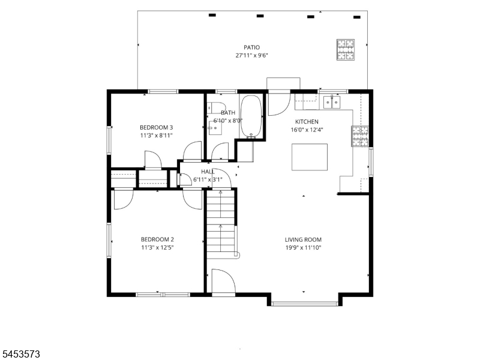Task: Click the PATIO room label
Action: coord(251,47)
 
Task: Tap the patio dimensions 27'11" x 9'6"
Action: coord(251,55)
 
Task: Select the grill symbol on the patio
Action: coord(346,50)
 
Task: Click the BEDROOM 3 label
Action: coord(156,127)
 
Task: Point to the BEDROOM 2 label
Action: coord(157,239)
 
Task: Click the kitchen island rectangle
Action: coord(310,157)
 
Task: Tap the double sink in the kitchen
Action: coord(332,102)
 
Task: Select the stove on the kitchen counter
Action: coord(360,136)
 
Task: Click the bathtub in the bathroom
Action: coord(251,116)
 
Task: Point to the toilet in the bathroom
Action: coord(216,107)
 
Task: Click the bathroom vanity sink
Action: coord(215,128)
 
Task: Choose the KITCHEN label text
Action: coord(307,122)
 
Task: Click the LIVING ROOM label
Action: coord(303,239)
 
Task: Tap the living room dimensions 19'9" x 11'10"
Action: coord(303,248)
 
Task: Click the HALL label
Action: coord(208,172)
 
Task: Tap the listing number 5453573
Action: coord(20,354)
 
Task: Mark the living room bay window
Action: coord(305,304)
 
